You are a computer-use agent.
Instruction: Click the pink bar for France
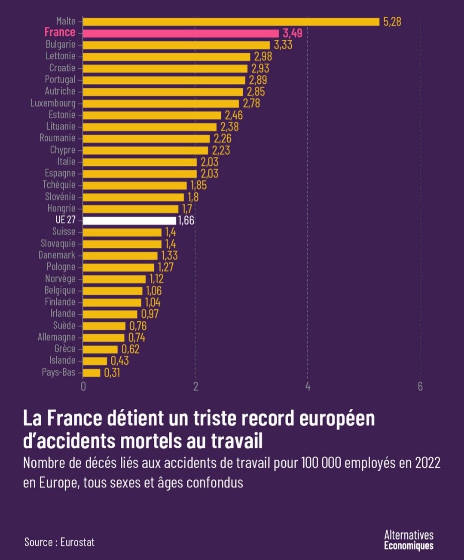click(x=180, y=33)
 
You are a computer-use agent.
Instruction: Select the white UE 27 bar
click(x=129, y=220)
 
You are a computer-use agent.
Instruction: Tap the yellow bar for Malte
click(x=231, y=21)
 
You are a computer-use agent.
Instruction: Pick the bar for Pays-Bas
click(x=92, y=372)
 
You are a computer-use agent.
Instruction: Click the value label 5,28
click(x=392, y=21)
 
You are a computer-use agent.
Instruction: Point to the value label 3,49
click(x=292, y=33)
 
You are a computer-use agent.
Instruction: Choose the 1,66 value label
click(x=186, y=220)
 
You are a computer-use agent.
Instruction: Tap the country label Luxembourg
click(x=53, y=103)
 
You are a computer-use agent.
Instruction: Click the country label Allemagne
click(x=56, y=337)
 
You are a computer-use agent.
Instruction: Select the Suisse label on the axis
click(x=64, y=231)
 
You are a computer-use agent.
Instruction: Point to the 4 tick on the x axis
click(x=308, y=387)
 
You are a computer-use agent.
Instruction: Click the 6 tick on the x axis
click(x=420, y=387)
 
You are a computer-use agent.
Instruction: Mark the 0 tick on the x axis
click(x=83, y=387)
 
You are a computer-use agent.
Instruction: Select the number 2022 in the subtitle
click(x=427, y=463)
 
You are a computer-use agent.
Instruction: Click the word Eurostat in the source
click(x=77, y=542)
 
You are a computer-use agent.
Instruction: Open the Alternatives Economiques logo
click(x=409, y=540)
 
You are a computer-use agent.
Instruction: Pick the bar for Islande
click(x=95, y=361)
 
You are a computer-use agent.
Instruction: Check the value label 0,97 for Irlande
click(x=150, y=314)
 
